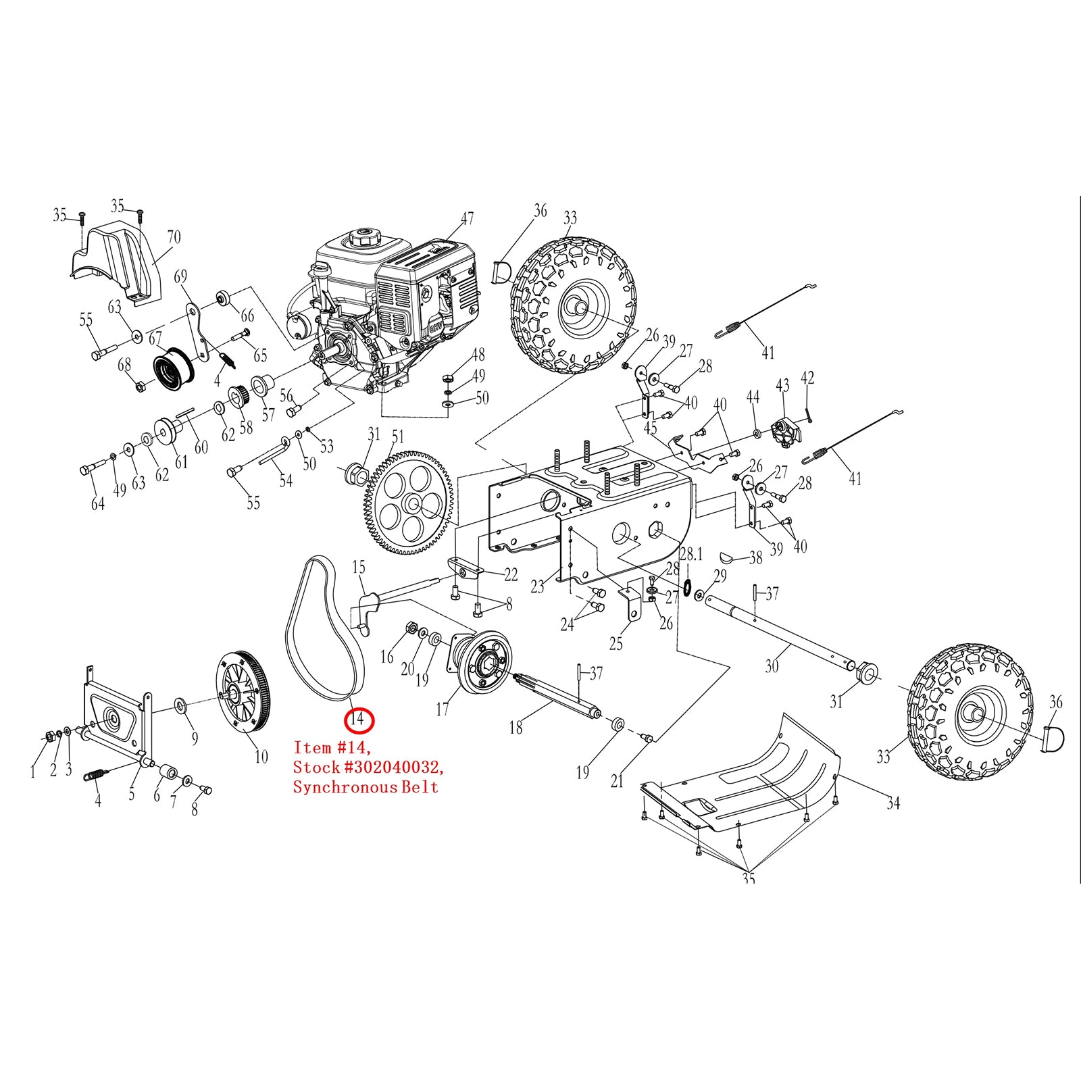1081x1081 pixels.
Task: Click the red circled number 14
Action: pyautogui.click(x=358, y=720)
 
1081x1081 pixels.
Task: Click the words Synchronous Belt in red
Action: pyautogui.click(x=366, y=787)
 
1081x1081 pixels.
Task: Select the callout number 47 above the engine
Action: pyautogui.click(x=468, y=218)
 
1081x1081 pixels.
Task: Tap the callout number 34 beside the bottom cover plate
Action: pyautogui.click(x=893, y=803)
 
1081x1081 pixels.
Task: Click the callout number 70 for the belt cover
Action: pyautogui.click(x=174, y=237)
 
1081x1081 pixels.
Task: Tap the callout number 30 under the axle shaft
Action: pyautogui.click(x=772, y=666)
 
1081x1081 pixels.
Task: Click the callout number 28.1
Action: pyautogui.click(x=691, y=555)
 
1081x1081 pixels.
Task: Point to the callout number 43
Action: pyautogui.click(x=782, y=385)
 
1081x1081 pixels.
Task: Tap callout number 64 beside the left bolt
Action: pyautogui.click(x=98, y=503)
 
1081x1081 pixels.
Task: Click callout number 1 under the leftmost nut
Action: pyautogui.click(x=32, y=772)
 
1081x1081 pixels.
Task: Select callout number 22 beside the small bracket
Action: pyautogui.click(x=511, y=574)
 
